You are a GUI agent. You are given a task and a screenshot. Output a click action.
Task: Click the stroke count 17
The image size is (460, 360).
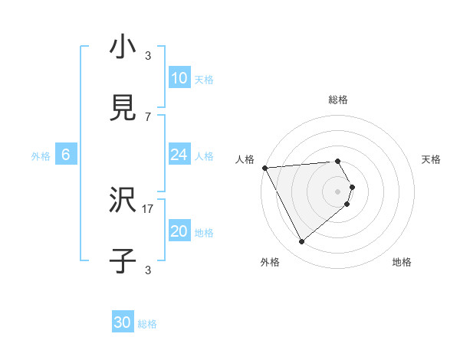pos(148,208)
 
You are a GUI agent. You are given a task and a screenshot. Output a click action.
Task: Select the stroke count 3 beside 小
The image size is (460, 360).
pos(148,55)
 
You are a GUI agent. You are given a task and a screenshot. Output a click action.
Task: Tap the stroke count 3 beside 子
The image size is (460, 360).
pos(148,270)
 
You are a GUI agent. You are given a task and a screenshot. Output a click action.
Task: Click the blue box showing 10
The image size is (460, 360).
pos(179,78)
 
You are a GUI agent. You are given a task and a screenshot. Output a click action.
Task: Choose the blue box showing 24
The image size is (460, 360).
pos(179,155)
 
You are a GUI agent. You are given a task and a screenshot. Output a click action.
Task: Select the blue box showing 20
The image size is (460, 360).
pos(179,231)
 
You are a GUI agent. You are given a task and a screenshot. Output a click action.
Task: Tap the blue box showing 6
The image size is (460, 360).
pos(66,155)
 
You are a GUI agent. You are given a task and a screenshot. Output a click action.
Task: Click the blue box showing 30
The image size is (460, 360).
pos(123,322)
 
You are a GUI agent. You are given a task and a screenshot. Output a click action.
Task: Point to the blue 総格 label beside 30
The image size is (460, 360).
pos(147,324)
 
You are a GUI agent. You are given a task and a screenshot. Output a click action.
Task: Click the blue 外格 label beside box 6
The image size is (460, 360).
pos(41,156)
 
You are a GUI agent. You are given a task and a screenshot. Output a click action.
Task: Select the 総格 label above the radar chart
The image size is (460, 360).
pos(338,100)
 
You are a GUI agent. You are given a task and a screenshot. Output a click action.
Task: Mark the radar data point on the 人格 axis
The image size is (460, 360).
pos(264,168)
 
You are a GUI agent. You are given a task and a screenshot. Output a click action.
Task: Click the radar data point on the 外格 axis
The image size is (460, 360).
pos(301,242)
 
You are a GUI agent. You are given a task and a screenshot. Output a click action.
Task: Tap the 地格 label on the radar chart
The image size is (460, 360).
pos(402,263)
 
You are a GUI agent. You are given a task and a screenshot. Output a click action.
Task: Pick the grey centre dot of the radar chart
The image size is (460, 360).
pos(338,191)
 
